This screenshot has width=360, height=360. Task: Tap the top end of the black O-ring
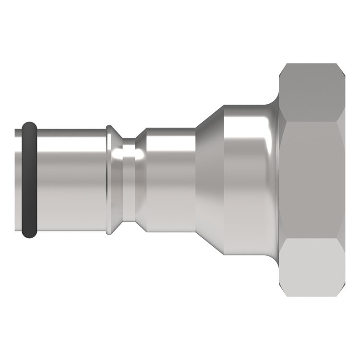pyautogui.click(x=29, y=124)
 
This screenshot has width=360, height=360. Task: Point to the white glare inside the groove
pyautogui.click(x=129, y=155)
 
